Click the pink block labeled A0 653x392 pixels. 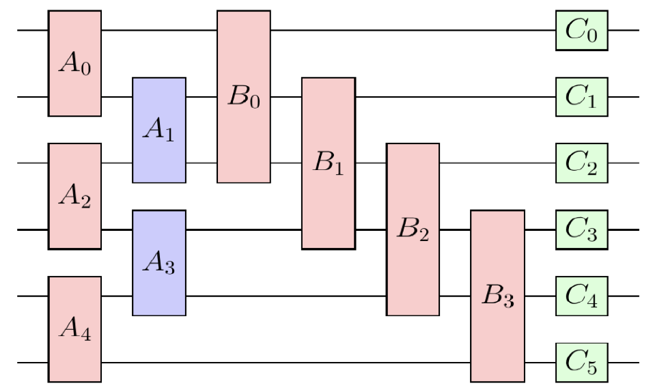pos(74,64)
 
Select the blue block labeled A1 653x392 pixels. pos(159,130)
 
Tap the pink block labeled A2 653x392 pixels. pos(74,197)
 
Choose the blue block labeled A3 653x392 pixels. pos(159,263)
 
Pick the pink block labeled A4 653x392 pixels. pos(74,329)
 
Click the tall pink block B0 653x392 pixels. pos(244,97)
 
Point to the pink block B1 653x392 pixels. pos(329,163)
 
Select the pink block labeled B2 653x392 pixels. pos(413,229)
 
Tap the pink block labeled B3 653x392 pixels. pos(497,296)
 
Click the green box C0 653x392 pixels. pos(581,31)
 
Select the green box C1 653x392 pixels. pos(581,97)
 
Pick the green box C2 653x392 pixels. pos(581,163)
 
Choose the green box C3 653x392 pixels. pos(581,230)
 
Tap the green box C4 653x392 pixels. pos(581,296)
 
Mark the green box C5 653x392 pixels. pos(581,363)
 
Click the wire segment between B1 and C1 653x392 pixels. pos(455,97)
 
